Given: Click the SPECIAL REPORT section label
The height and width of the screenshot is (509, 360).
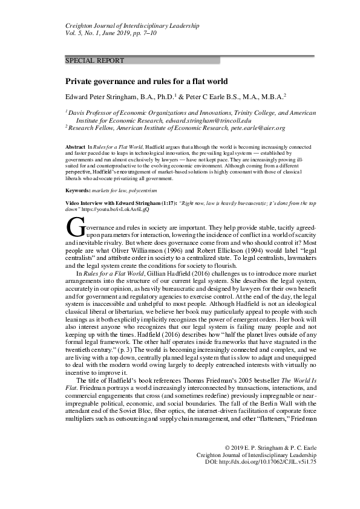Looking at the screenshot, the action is [94, 61].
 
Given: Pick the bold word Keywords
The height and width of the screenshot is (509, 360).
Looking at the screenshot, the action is [79, 190].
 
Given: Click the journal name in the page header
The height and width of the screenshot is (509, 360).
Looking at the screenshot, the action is [132, 27].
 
